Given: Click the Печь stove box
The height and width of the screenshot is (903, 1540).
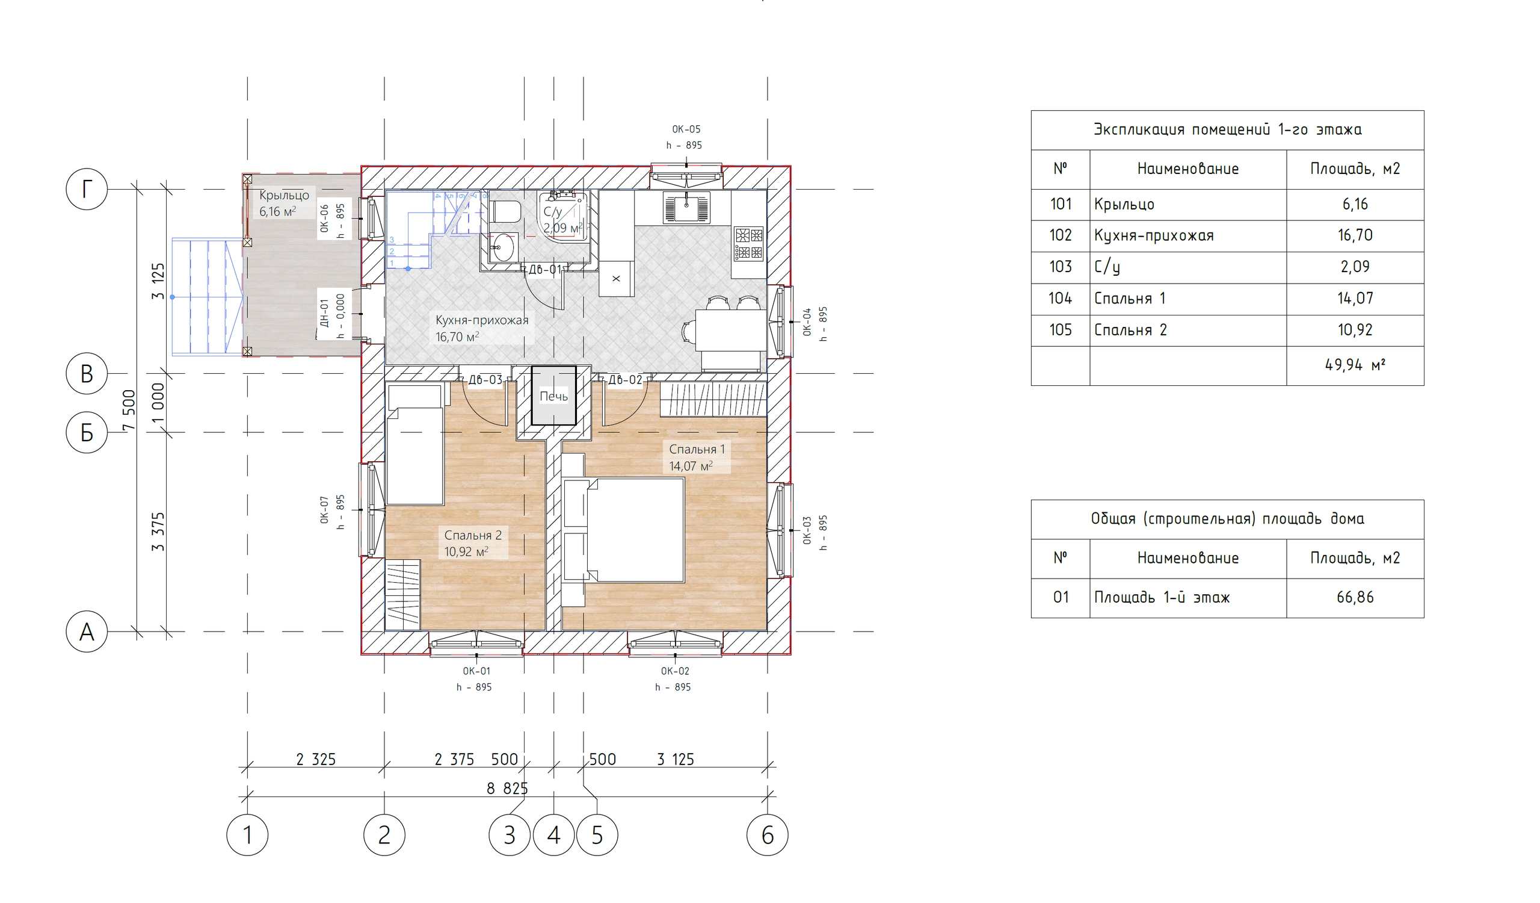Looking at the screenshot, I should (553, 396).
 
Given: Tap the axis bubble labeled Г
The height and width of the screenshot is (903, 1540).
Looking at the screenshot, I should (87, 189).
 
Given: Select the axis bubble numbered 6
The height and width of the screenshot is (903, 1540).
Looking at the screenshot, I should (767, 834).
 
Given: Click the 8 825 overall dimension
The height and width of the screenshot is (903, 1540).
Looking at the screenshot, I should (507, 789).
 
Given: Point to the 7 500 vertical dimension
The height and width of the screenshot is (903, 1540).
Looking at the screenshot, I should (129, 409).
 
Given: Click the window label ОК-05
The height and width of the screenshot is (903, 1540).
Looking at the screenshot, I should (686, 129).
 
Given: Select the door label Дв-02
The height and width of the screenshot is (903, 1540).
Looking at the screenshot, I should (624, 380).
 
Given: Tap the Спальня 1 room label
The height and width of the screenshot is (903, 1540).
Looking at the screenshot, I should (697, 448).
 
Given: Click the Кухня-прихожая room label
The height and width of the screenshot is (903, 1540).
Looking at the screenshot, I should (482, 320).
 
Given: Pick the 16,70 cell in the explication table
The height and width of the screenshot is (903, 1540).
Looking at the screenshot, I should (1354, 235).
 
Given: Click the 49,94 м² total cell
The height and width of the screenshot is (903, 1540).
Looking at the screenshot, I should (1354, 365).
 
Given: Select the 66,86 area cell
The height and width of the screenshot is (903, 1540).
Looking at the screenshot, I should (1354, 597).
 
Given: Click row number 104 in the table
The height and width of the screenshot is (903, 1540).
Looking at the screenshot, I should (1061, 299).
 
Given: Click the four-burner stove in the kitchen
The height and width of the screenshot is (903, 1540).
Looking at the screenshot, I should (748, 243).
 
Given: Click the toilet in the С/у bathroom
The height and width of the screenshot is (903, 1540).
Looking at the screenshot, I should (505, 211).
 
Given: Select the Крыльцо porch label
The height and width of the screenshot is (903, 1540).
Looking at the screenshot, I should (284, 195).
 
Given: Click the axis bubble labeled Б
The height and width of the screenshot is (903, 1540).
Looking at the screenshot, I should (87, 432).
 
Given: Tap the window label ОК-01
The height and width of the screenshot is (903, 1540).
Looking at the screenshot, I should (476, 671).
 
